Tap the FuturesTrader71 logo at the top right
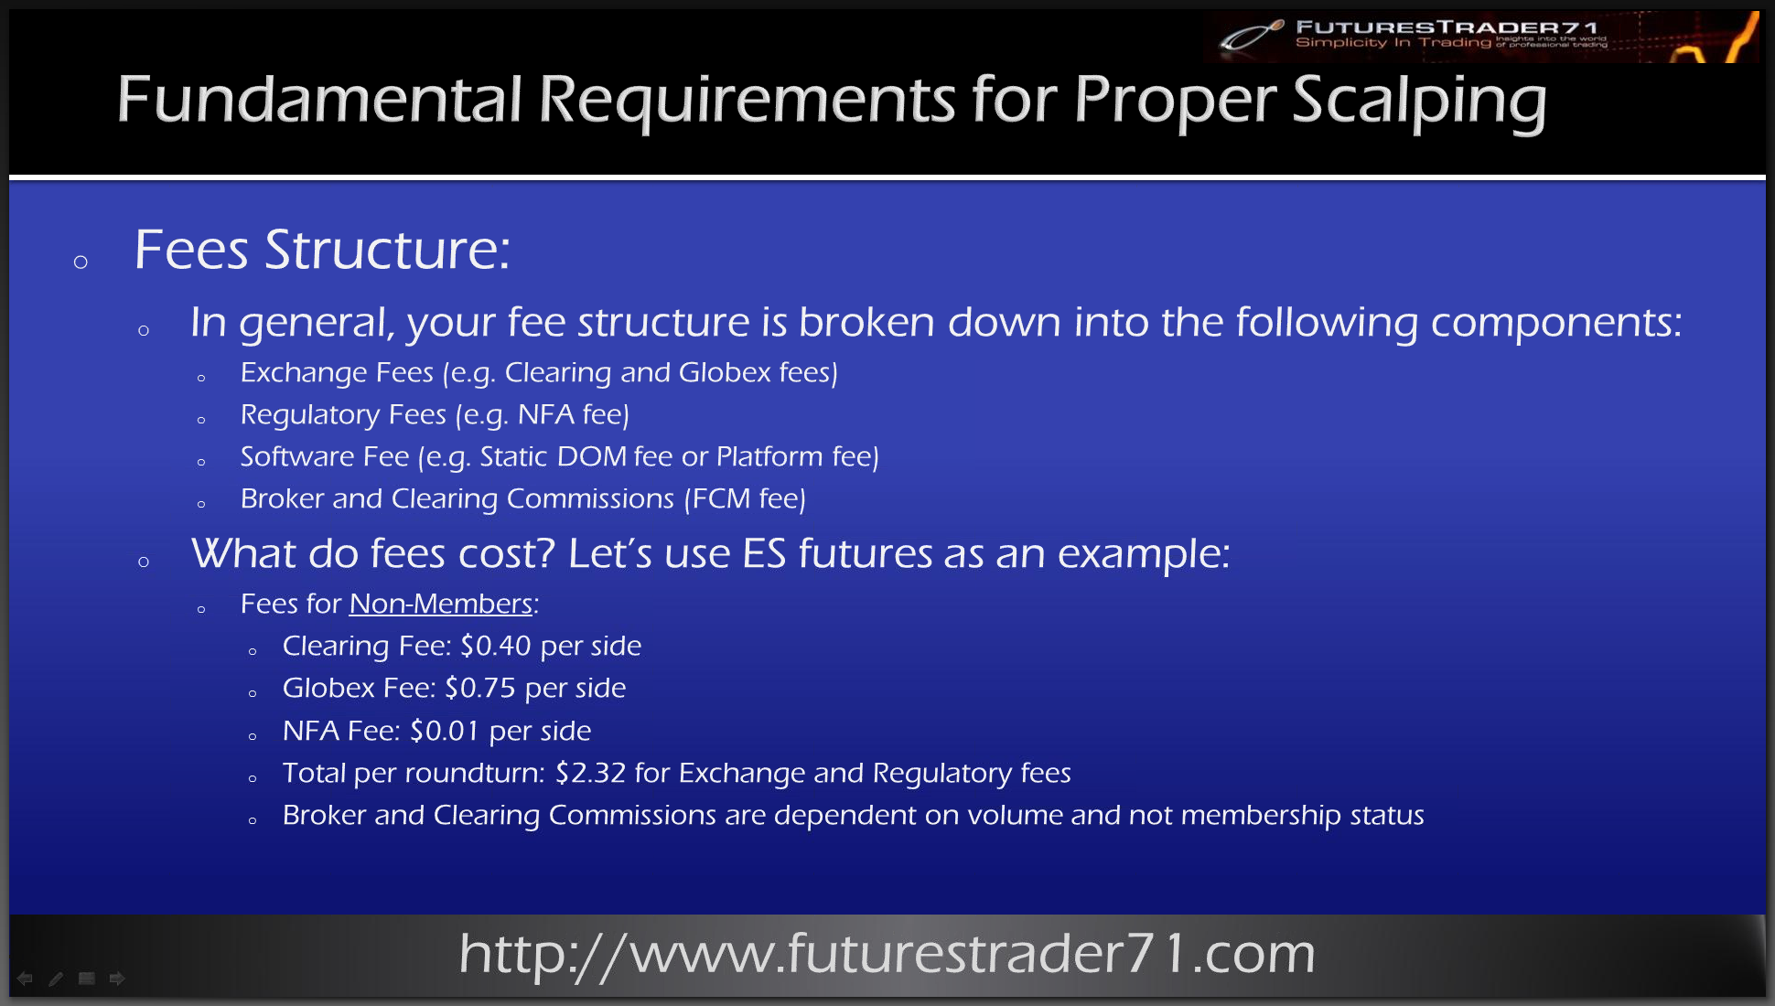1482,37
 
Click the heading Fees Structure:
322,250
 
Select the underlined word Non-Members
441,604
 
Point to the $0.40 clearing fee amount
496,646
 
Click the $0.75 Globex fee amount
480,688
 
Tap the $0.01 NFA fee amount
445,731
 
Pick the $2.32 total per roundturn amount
591,773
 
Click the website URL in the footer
887,954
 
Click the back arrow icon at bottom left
25,979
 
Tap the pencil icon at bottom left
56,979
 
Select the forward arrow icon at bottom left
117,979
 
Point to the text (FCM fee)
745,498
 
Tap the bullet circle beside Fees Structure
81,262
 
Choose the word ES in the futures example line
764,553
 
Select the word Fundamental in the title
319,100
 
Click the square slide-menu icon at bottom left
87,979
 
